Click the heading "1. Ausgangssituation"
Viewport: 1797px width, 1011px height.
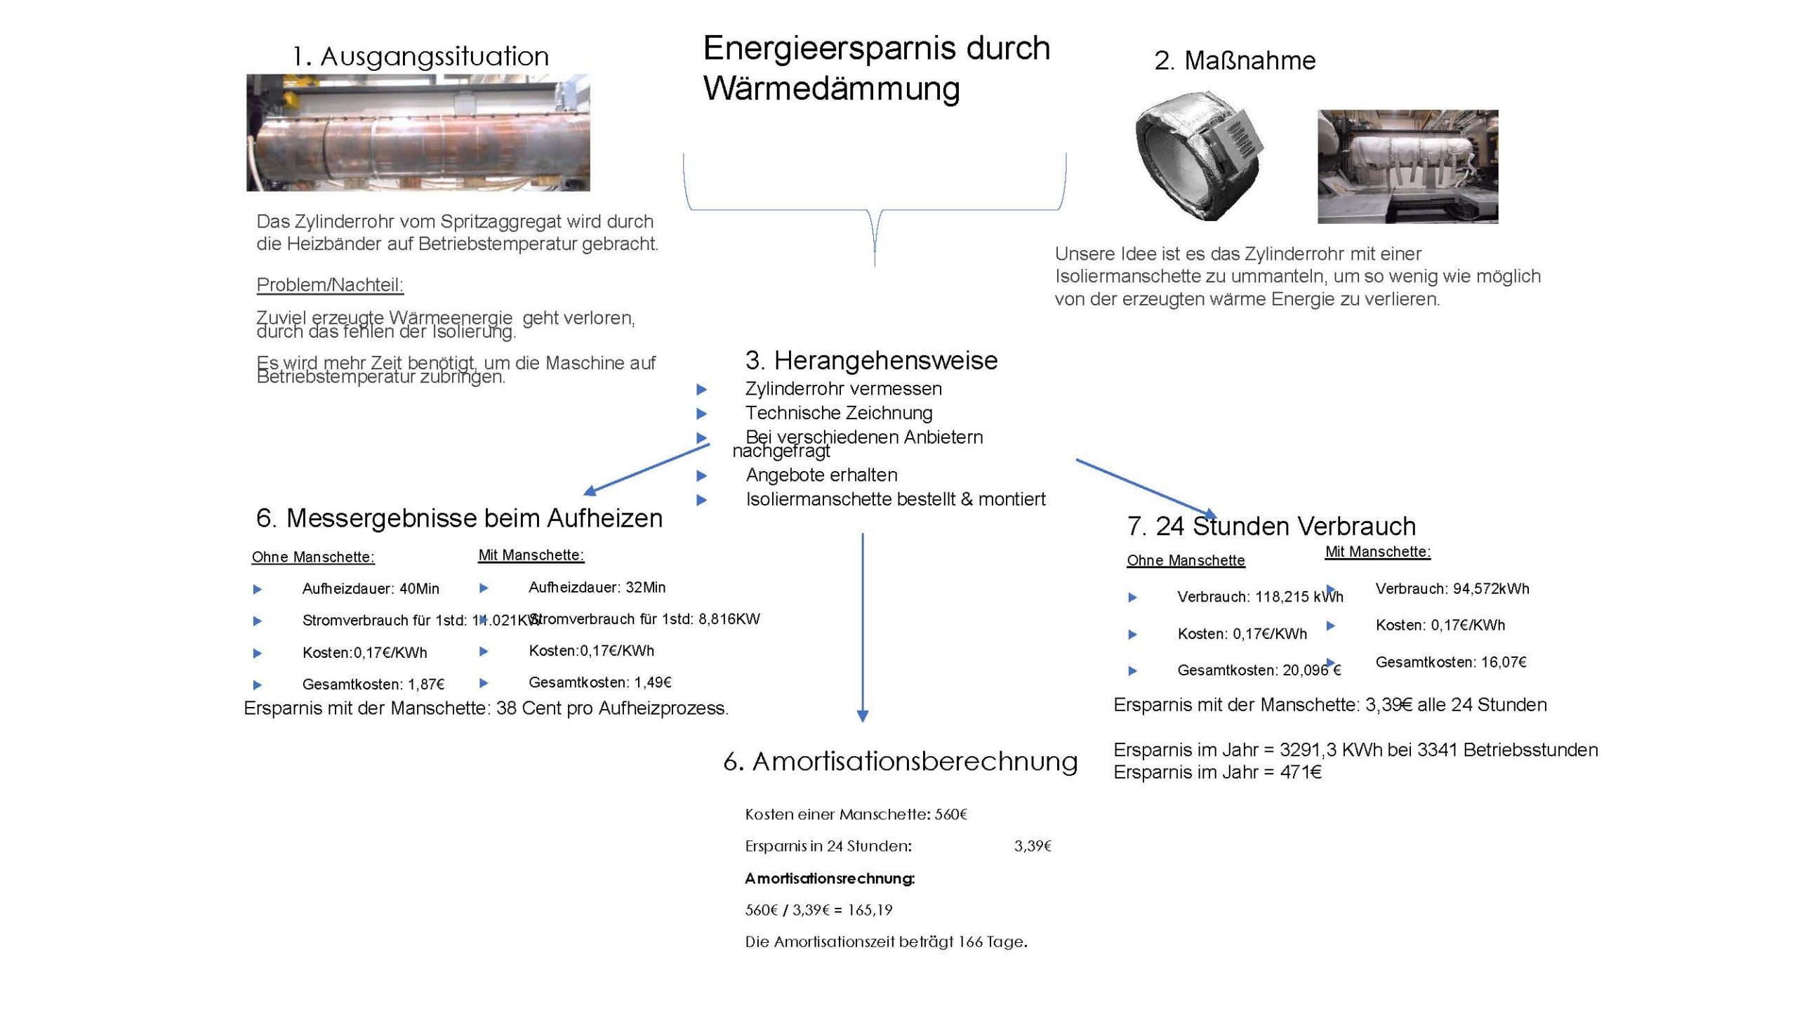coord(420,56)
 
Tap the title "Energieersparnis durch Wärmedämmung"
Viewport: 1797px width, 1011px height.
coord(875,68)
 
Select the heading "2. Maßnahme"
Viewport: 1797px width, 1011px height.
coord(1235,61)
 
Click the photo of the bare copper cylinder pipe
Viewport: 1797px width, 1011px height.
coord(418,133)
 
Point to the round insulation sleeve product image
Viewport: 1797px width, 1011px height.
coord(1198,156)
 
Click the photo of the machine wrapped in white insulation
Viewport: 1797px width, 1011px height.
coord(1407,166)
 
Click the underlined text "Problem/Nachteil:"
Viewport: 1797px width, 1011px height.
coord(330,285)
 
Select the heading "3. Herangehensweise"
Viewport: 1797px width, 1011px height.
coord(871,361)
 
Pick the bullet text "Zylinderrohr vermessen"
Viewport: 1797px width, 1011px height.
coord(843,389)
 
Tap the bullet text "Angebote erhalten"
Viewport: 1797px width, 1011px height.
coord(821,475)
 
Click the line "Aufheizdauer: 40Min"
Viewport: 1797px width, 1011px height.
coord(371,589)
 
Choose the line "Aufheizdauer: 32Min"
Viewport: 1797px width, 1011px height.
coord(597,588)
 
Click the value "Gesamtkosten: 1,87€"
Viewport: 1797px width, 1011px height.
coord(373,685)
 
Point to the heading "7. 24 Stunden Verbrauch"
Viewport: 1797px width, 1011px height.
coord(1271,527)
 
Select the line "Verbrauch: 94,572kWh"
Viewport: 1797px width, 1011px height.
coord(1452,589)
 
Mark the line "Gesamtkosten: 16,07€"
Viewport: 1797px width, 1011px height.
coord(1450,662)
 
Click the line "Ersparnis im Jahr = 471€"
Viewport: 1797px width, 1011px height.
coord(1217,772)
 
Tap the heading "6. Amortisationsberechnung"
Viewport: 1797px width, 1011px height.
coord(900,762)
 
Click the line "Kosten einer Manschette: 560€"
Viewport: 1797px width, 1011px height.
coord(856,814)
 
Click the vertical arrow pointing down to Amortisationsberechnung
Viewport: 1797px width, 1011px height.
coord(863,625)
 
